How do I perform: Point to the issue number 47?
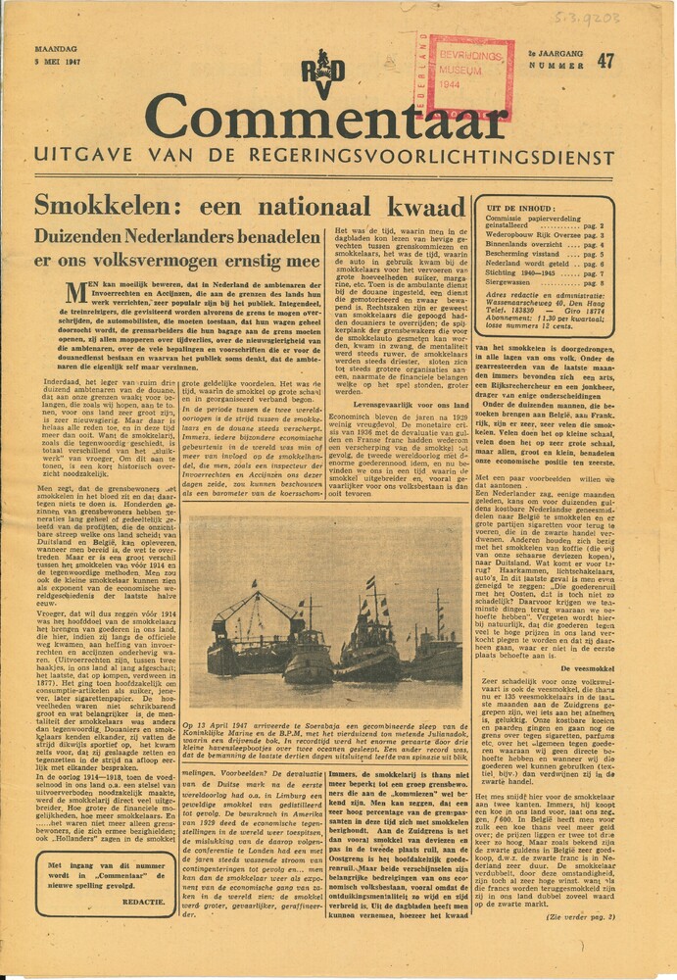[605, 60]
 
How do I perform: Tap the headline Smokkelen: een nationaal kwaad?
[249, 205]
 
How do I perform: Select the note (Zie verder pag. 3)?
[581, 917]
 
